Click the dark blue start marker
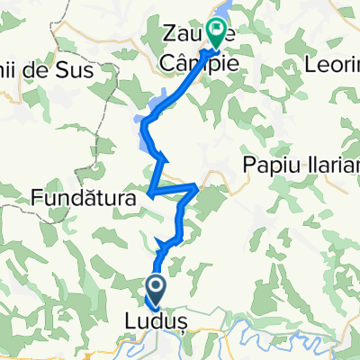[x=155, y=289]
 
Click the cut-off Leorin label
[x=333, y=66]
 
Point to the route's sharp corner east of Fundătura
[x=197, y=187]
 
